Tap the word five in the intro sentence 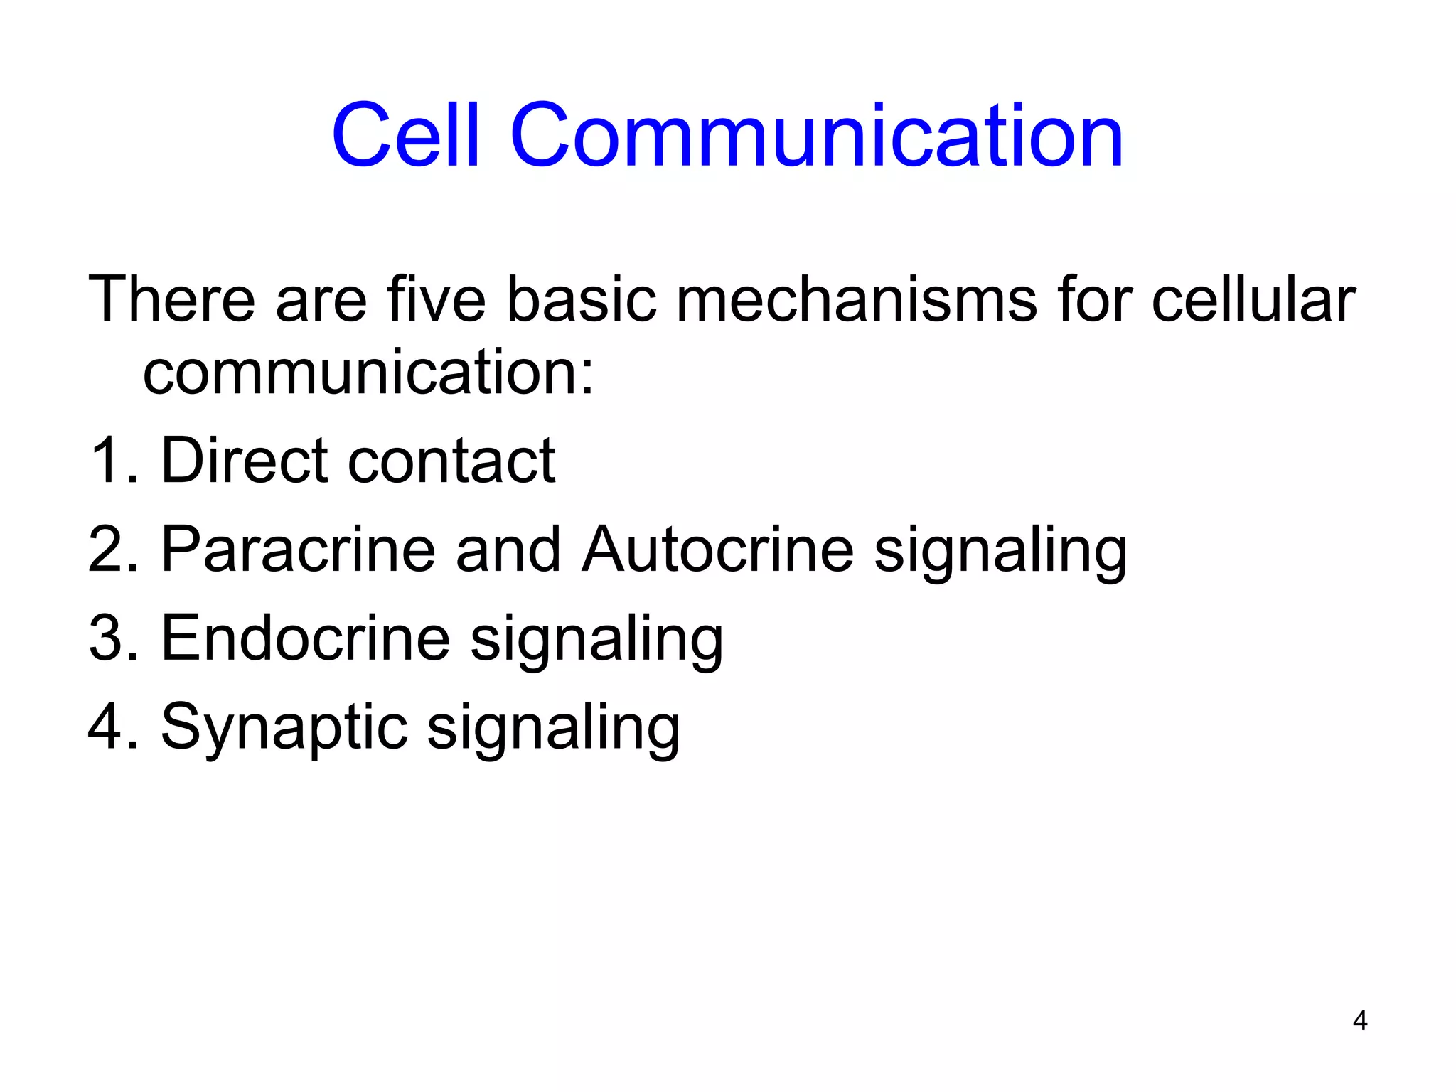click(436, 299)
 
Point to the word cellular click(1253, 299)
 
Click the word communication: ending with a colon click(368, 373)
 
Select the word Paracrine click(298, 550)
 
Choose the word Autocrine click(717, 550)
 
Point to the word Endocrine click(305, 638)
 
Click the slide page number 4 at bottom click(1359, 1021)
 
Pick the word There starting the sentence click(171, 299)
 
